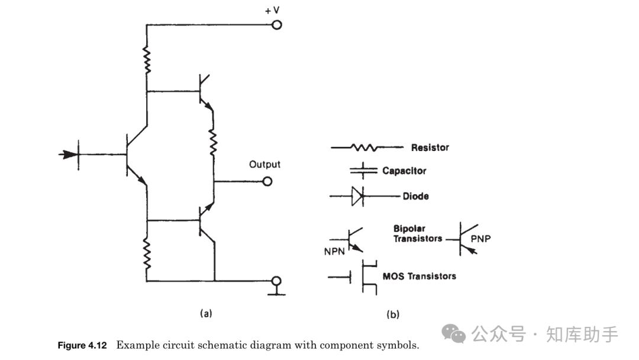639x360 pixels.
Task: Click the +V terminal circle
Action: [276, 25]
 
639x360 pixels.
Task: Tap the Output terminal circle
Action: [267, 181]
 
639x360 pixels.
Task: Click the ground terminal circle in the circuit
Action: [276, 281]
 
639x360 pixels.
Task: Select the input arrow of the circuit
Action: [69, 155]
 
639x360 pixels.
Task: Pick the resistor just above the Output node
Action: [214, 140]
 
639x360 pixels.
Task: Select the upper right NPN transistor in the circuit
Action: [204, 92]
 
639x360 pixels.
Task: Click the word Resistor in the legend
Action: [430, 147]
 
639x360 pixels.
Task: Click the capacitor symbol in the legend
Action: [363, 171]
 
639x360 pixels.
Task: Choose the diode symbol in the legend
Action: [357, 196]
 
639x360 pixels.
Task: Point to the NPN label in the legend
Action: [335, 251]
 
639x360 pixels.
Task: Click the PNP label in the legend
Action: [481, 239]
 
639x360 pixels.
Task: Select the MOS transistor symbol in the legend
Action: [362, 277]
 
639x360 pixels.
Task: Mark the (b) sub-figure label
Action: [392, 314]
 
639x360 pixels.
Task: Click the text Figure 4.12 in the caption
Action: [82, 345]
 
